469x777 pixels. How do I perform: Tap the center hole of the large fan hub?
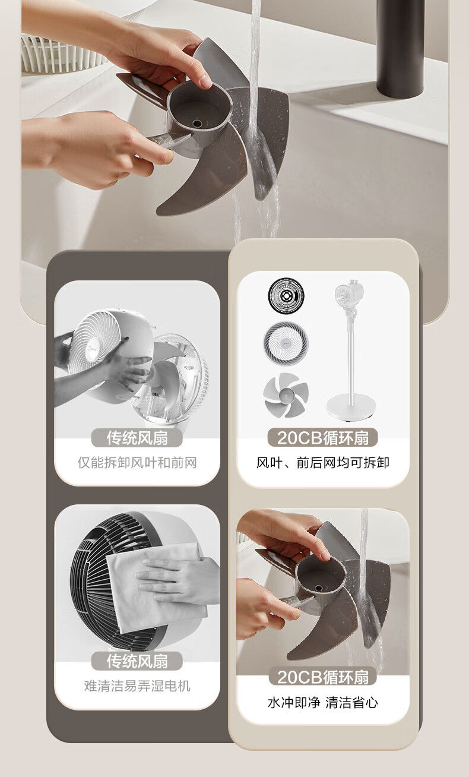(197, 123)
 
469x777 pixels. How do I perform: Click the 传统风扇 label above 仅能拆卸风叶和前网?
(137, 438)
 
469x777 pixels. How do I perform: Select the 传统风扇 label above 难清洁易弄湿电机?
(137, 661)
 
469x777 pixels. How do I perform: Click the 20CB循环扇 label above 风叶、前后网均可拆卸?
(323, 438)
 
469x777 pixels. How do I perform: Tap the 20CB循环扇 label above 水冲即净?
(323, 677)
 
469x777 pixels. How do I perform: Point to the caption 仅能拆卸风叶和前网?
(137, 463)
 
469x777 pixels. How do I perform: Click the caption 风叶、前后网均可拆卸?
(323, 463)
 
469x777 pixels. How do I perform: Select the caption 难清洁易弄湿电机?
(137, 686)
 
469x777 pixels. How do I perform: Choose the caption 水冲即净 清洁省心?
(323, 703)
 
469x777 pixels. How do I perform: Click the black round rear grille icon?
(286, 295)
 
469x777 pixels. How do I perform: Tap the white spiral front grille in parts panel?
(286, 343)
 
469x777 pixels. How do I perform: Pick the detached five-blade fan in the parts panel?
(286, 395)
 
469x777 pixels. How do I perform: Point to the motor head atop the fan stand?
(350, 294)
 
